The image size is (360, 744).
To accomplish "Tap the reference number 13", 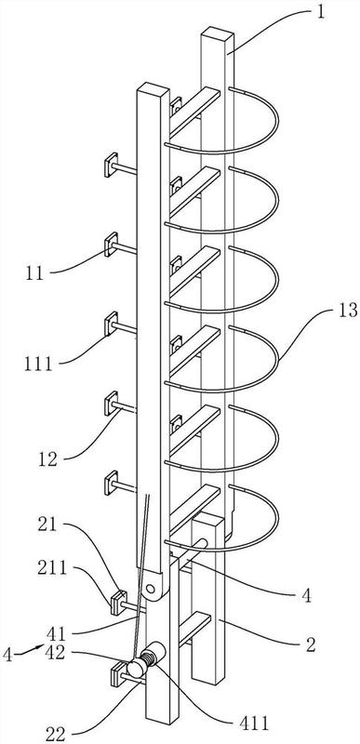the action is click(x=348, y=312).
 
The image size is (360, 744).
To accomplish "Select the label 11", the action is click(x=34, y=273).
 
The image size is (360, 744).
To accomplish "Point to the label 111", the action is click(x=38, y=365).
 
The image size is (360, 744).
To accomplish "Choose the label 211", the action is click(x=52, y=568).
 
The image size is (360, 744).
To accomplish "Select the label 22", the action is click(x=55, y=734).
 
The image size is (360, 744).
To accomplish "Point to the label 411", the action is click(x=255, y=724).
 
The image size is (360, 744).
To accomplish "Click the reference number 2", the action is click(x=311, y=644).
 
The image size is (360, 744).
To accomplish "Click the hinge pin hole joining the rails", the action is click(x=151, y=590).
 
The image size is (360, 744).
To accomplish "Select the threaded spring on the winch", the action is click(x=148, y=658).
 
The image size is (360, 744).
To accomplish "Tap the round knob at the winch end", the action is click(x=136, y=669).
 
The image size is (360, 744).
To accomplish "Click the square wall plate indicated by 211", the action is click(x=118, y=603).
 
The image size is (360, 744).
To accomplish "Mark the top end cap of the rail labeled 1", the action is click(x=218, y=35).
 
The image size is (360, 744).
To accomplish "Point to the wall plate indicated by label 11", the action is click(x=111, y=245).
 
